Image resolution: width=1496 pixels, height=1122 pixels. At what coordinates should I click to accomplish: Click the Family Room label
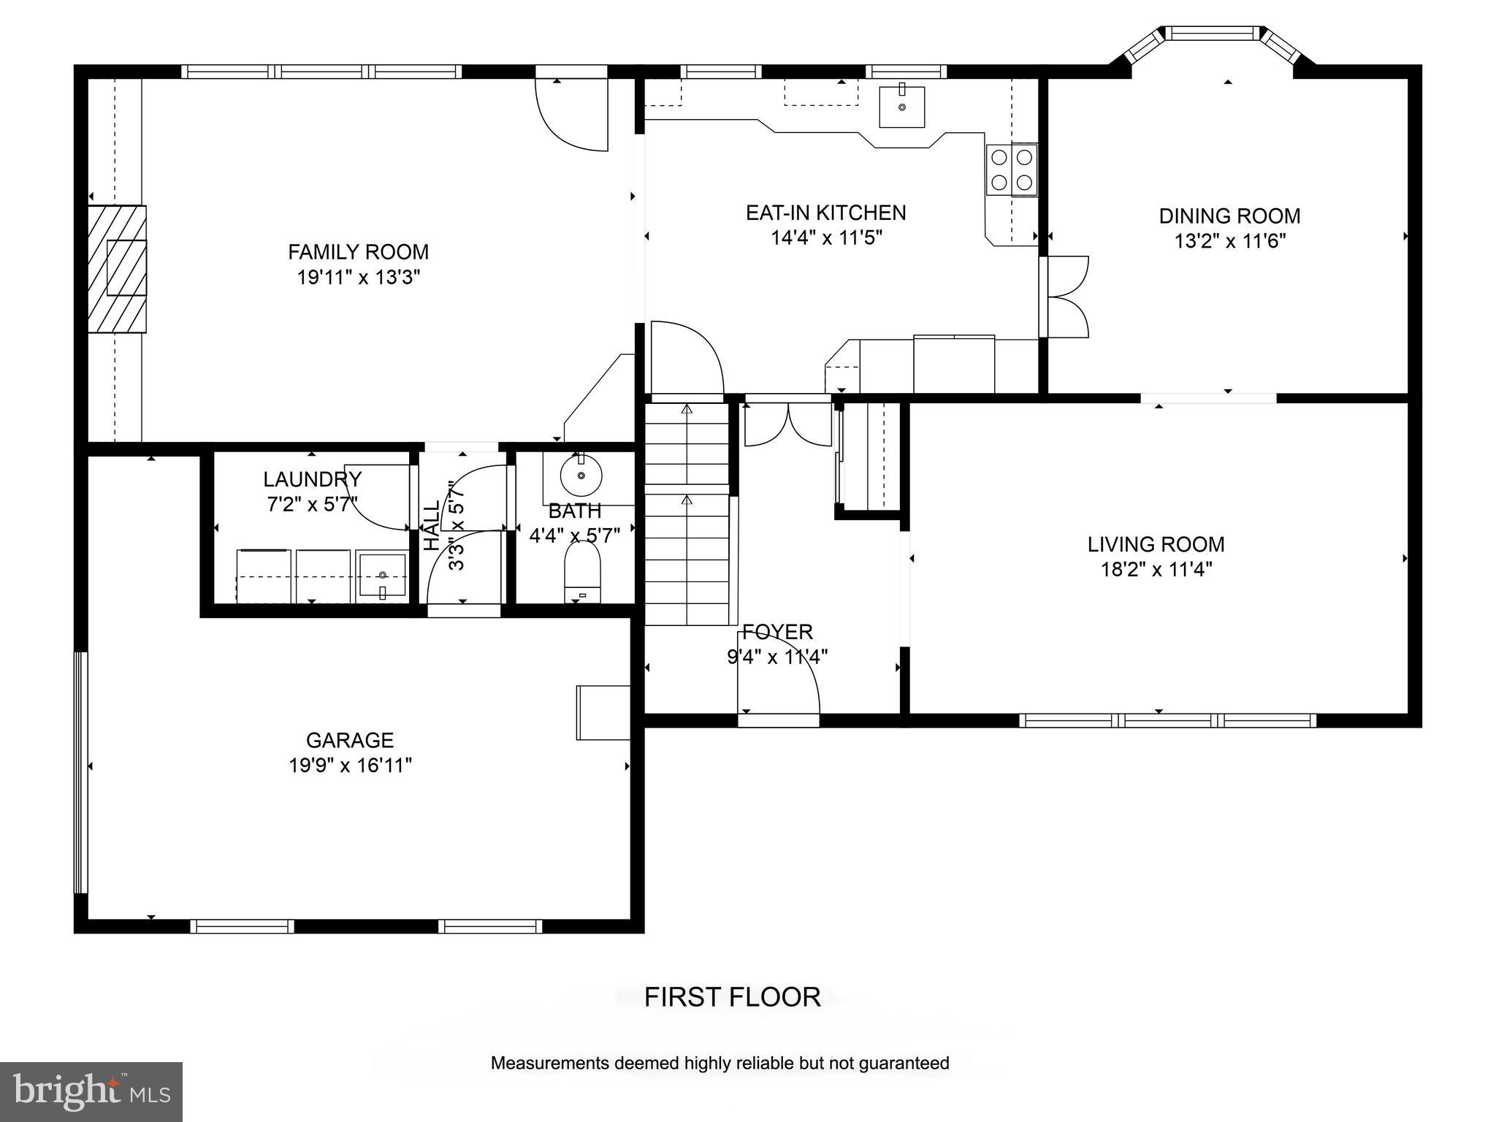[358, 252]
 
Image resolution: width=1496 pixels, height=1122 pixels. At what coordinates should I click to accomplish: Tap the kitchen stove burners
[1012, 169]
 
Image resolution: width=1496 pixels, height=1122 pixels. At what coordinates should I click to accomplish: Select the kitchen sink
[902, 107]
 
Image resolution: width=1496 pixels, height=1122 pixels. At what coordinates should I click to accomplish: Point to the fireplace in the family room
[117, 269]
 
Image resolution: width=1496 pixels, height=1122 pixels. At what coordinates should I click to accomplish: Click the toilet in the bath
[582, 572]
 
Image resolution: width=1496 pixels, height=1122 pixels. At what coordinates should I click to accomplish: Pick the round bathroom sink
[581, 476]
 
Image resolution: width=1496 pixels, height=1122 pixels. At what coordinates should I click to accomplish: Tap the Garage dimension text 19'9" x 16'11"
[351, 766]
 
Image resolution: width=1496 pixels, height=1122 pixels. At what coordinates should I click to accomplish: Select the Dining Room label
[1230, 216]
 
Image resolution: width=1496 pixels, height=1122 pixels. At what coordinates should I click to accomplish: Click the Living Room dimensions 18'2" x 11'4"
[1157, 569]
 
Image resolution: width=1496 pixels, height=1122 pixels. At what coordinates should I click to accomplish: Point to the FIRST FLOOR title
[733, 997]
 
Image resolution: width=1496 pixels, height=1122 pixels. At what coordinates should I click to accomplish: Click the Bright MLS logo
[91, 1092]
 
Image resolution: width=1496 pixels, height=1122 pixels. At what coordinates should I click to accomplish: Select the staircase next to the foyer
[687, 514]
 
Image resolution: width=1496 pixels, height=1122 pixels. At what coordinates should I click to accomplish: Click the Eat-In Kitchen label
[826, 213]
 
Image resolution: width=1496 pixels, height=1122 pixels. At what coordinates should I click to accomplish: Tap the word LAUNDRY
[313, 479]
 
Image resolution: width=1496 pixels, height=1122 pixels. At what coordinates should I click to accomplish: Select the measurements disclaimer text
[720, 1063]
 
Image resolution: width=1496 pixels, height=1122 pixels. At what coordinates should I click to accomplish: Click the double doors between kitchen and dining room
[1066, 297]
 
